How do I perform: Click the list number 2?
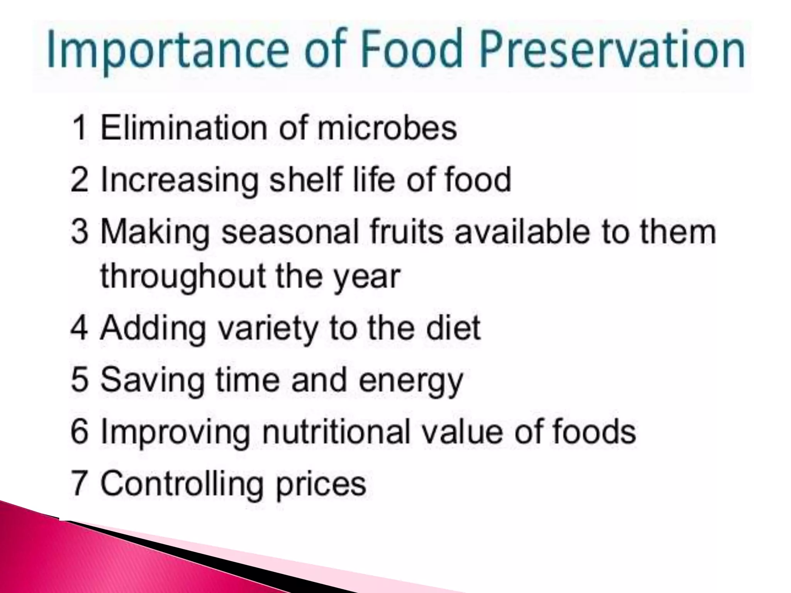80,180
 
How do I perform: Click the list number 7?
80,483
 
